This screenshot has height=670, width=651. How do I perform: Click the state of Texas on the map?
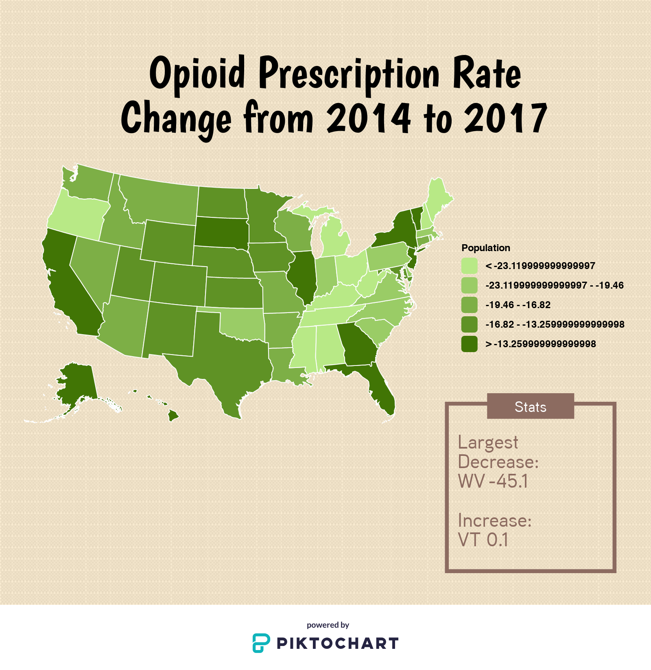tap(232, 358)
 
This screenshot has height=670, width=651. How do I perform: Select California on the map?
tap(69, 285)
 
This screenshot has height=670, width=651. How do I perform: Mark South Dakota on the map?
tap(221, 232)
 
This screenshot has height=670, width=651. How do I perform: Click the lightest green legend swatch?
tap(469, 266)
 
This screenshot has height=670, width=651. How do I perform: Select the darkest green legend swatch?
tap(469, 344)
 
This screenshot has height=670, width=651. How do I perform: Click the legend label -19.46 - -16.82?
tap(518, 305)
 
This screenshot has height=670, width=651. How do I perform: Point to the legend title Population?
tap(485, 248)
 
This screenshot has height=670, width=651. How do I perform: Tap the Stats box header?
tap(530, 406)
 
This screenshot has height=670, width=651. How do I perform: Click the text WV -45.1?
tap(493, 481)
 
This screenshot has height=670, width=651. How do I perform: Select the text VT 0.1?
tap(483, 540)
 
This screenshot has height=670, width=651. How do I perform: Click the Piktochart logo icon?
tap(261, 643)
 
